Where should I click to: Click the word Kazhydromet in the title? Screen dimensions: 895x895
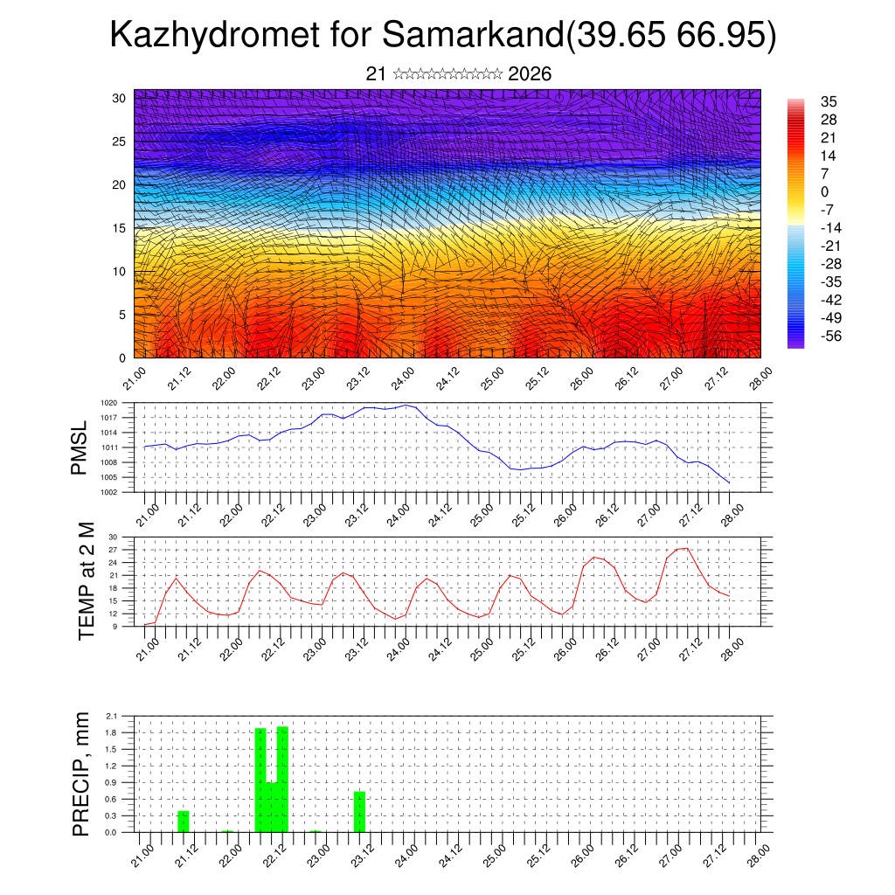click(x=210, y=36)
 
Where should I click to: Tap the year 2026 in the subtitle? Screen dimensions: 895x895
click(x=530, y=74)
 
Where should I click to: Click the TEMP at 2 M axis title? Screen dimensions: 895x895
click(x=86, y=581)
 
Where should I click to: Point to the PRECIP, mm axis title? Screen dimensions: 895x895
click(x=80, y=774)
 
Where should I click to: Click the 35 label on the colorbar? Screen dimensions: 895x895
click(x=829, y=101)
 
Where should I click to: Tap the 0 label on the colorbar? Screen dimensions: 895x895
click(x=825, y=191)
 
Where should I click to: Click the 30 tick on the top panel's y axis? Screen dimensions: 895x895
click(x=118, y=98)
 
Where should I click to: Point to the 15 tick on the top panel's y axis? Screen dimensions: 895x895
click(x=118, y=228)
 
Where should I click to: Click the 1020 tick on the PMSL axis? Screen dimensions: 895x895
click(x=109, y=403)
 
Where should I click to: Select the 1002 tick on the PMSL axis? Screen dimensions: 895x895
click(x=109, y=492)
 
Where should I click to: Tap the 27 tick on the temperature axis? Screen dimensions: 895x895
click(x=113, y=550)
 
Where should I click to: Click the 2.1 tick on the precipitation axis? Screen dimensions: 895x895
click(x=112, y=716)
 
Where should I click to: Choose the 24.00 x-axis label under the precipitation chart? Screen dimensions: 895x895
click(x=406, y=850)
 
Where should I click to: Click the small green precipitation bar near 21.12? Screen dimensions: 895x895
click(x=184, y=822)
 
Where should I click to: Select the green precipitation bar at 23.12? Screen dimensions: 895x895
click(x=359, y=811)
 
